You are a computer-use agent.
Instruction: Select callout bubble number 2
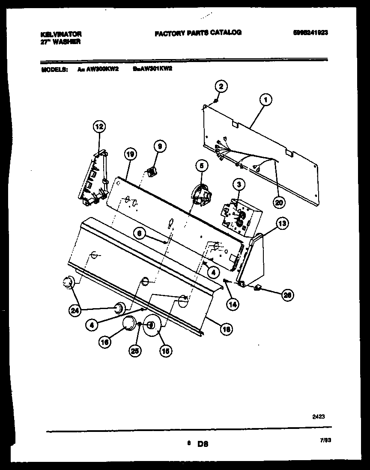coord(221,87)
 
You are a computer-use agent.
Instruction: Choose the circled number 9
coord(159,146)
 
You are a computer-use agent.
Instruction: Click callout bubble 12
coord(99,127)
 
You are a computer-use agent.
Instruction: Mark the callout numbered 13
coord(281,223)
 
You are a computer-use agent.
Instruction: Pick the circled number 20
coord(279,203)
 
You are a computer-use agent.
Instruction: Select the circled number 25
coord(136,351)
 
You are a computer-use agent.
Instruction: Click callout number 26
coord(287,294)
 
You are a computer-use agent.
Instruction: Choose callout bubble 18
coord(227,329)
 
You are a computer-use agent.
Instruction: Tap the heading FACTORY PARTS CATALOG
coord(198,33)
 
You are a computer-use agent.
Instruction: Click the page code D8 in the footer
coord(203,445)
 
